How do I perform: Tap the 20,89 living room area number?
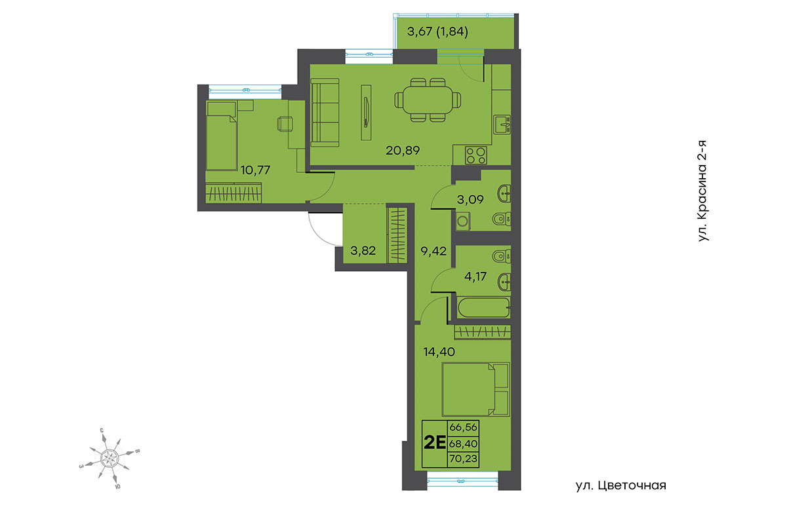pos(403,151)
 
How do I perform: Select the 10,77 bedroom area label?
pos(255,170)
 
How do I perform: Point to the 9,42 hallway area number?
pos(434,251)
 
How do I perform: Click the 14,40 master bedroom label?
pos(439,351)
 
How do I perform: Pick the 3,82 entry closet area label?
pos(363,251)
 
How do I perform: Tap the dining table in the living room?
pos(428,100)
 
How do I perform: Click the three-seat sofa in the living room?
pos(325,112)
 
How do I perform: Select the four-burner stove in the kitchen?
pos(476,155)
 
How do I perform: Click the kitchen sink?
pos(502,124)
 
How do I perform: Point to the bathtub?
pos(484,308)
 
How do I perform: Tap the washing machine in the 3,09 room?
pos(463,221)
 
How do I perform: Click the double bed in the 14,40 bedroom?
pos(475,390)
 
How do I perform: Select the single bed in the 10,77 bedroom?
pos(222,136)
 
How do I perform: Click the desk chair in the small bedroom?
pos(285,124)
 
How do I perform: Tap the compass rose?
pos(110,458)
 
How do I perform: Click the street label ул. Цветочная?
pos(621,485)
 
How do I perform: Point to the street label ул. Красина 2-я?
pos(702,191)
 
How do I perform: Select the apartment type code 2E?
pos(435,443)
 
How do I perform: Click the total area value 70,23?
pos(464,458)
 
